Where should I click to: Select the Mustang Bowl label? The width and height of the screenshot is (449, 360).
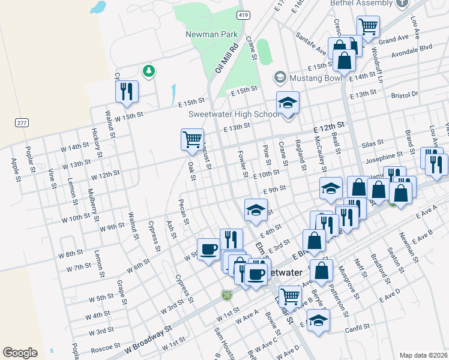tap(307, 77)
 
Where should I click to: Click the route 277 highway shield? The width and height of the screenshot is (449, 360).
tap(22, 122)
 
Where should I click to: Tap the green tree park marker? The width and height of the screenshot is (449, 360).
tap(148, 71)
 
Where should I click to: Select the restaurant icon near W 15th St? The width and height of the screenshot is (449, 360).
tap(127, 91)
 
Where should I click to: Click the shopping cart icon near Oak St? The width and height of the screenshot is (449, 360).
tap(192, 139)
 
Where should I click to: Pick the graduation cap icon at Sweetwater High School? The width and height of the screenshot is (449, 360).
tap(288, 102)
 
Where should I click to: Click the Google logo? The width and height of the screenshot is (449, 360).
tap(20, 352)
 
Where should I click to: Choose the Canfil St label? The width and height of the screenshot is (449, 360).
tap(357, 328)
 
